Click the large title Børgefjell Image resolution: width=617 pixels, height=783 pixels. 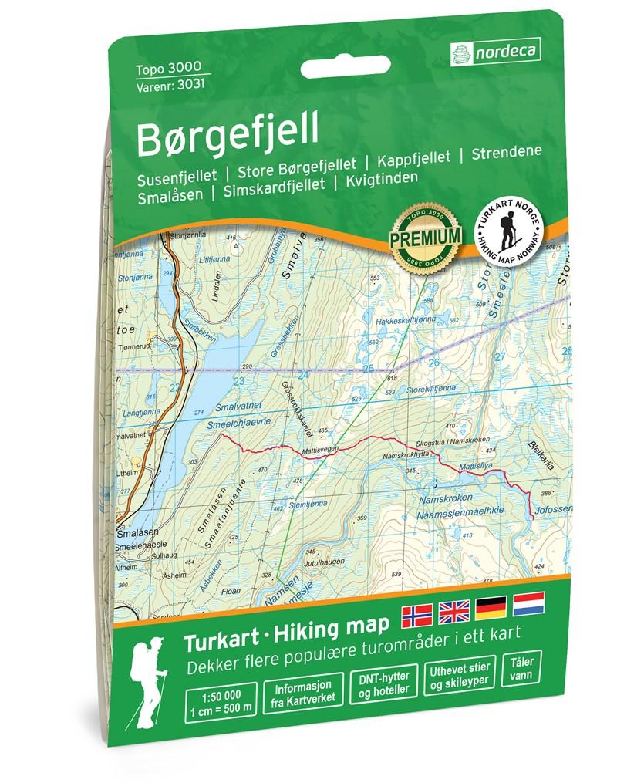pyautogui.click(x=207, y=129)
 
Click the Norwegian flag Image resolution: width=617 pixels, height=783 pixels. pyautogui.click(x=417, y=615)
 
